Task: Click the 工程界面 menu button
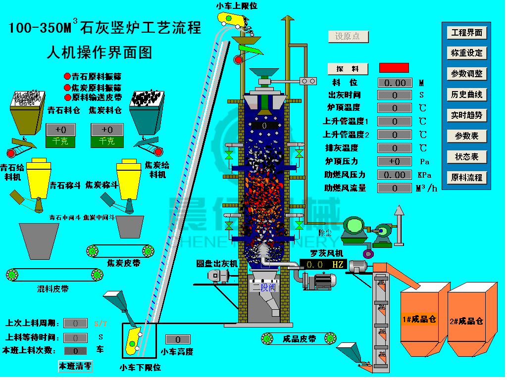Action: click(466, 33)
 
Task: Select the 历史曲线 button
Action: click(466, 95)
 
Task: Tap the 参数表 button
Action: click(466, 136)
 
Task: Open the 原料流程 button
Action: click(466, 177)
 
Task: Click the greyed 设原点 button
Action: click(348, 37)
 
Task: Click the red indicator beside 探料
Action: click(394, 68)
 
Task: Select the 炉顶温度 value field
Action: click(394, 108)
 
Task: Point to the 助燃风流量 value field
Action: click(394, 188)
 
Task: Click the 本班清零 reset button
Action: click(75, 366)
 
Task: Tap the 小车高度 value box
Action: click(178, 339)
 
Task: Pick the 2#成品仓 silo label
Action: click(466, 321)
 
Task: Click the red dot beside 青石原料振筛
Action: click(67, 77)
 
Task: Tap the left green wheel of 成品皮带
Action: click(267, 339)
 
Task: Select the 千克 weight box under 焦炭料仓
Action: click(107, 141)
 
